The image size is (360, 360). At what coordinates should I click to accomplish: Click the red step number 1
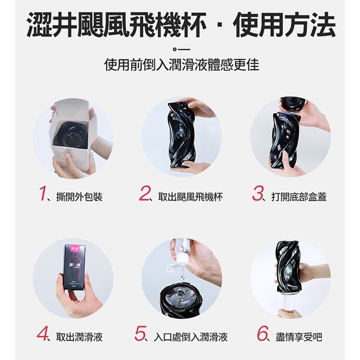pyautogui.click(x=43, y=194)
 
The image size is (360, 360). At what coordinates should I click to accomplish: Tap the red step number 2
pyautogui.click(x=144, y=194)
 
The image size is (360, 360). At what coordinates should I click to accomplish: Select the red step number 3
pyautogui.click(x=257, y=194)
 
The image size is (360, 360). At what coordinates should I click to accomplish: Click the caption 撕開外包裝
pyautogui.click(x=79, y=197)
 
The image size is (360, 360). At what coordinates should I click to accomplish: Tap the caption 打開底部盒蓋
pyautogui.click(x=299, y=197)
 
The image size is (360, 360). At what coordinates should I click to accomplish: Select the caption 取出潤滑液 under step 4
pyautogui.click(x=79, y=337)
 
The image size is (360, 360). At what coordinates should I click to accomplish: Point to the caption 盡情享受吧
pyautogui.click(x=299, y=337)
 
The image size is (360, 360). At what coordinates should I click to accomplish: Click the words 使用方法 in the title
pyautogui.click(x=284, y=25)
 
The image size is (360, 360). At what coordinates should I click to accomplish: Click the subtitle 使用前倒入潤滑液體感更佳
pyautogui.click(x=182, y=65)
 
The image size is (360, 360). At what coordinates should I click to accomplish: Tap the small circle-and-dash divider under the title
pyautogui.click(x=182, y=49)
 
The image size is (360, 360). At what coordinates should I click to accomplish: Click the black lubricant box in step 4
pyautogui.click(x=75, y=267)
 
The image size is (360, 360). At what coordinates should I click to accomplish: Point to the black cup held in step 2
pyautogui.click(x=181, y=135)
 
